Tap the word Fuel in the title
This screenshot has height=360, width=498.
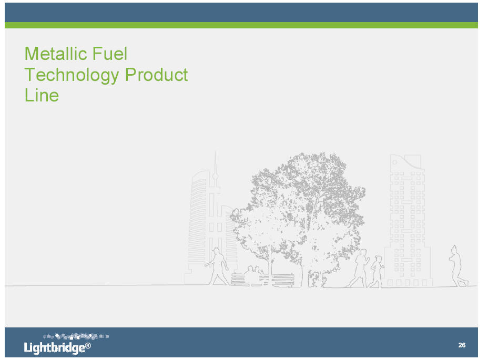[x=110, y=54]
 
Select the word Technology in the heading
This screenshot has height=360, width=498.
[x=72, y=76]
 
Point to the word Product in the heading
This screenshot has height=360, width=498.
[x=156, y=75]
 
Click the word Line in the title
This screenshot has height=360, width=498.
[x=42, y=95]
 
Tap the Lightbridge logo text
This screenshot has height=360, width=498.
[x=55, y=348]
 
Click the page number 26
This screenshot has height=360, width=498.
[x=462, y=345]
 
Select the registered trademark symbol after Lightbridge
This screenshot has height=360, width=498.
[x=88, y=345]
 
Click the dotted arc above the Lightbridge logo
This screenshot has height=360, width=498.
[x=76, y=336]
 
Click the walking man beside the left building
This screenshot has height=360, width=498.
[x=217, y=266]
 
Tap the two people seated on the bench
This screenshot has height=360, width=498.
[x=254, y=272]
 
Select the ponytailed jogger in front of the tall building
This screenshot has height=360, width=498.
[x=377, y=272]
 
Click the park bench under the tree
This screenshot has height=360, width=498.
[x=262, y=280]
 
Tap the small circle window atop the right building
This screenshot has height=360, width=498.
[x=395, y=162]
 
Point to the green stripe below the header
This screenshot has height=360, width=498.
[x=241, y=25]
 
